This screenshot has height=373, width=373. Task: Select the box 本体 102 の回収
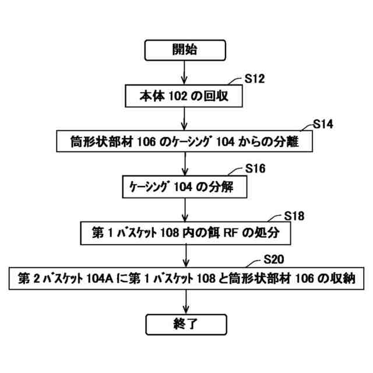click(184, 96)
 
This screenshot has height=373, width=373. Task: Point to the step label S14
click(323, 124)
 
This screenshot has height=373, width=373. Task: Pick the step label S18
click(294, 216)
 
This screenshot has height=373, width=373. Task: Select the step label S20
click(274, 260)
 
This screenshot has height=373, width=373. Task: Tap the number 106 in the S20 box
click(301, 279)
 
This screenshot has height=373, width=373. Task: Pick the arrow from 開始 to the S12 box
click(185, 72)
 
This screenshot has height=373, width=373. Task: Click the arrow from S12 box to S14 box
click(185, 118)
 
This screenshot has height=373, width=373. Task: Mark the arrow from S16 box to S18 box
click(185, 209)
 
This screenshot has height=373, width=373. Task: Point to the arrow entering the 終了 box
click(185, 301)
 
